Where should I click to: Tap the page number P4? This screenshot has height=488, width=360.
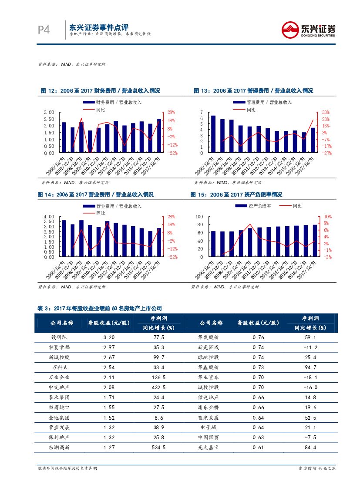coord(44,30)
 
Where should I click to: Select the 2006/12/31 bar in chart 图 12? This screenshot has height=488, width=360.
coord(64,137)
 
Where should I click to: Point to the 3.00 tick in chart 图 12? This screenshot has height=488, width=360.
coord(49,112)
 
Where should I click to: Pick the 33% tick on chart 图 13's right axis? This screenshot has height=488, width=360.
coord(326,112)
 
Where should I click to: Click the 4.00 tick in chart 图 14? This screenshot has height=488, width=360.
coord(49,217)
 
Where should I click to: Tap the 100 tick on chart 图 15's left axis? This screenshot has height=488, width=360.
coord(200,217)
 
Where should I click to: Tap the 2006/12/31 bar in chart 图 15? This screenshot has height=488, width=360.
coord(213,244)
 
